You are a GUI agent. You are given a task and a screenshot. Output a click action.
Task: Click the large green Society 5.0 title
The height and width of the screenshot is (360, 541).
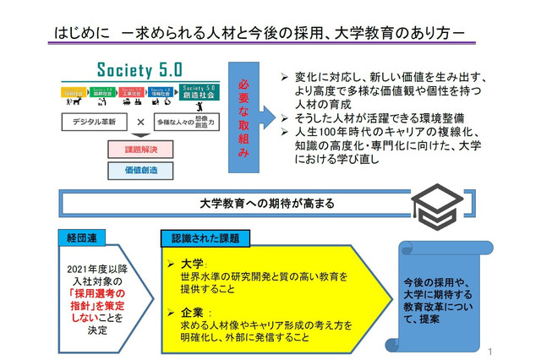tap(134, 68)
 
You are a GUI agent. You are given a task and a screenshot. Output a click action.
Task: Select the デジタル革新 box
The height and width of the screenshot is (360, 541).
tap(94, 121)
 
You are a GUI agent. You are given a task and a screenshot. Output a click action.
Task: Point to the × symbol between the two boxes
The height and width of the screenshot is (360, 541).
tap(143, 121)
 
